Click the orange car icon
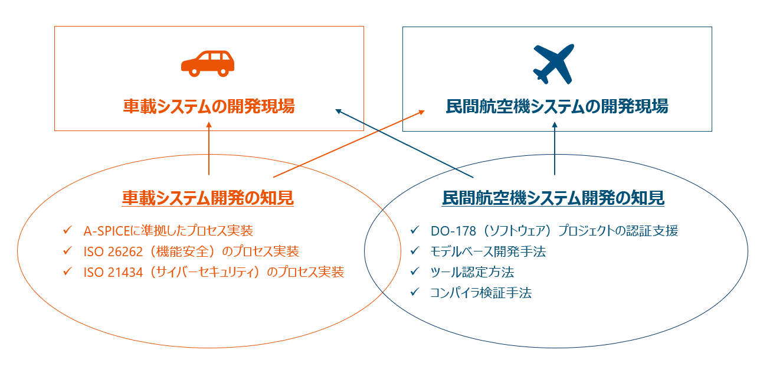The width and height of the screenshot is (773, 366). [208, 64]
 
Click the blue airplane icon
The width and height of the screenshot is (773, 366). [553, 64]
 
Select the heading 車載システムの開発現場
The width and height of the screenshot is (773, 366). [209, 106]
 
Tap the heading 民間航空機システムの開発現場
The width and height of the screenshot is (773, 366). [557, 106]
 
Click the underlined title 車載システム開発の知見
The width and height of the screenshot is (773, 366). [208, 198]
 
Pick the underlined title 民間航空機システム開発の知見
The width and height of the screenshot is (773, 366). [553, 198]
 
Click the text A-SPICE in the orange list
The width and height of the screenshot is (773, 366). [107, 231]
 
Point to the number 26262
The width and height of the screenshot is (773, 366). [125, 251]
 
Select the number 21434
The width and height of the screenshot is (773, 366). [125, 272]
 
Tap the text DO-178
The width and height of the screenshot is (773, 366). [453, 231]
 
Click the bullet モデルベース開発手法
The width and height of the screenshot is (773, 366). [488, 251]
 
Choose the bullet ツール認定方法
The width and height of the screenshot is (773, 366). [472, 272]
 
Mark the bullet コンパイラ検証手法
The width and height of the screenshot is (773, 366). [481, 293]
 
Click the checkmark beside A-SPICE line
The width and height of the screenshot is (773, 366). [68, 230]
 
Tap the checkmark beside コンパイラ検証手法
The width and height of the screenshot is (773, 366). [415, 292]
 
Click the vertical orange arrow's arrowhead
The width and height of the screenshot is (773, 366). [209, 125]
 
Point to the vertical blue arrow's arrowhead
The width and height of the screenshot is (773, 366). [555, 125]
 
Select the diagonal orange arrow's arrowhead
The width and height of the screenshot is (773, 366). [422, 112]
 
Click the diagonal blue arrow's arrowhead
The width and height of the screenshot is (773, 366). [339, 111]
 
